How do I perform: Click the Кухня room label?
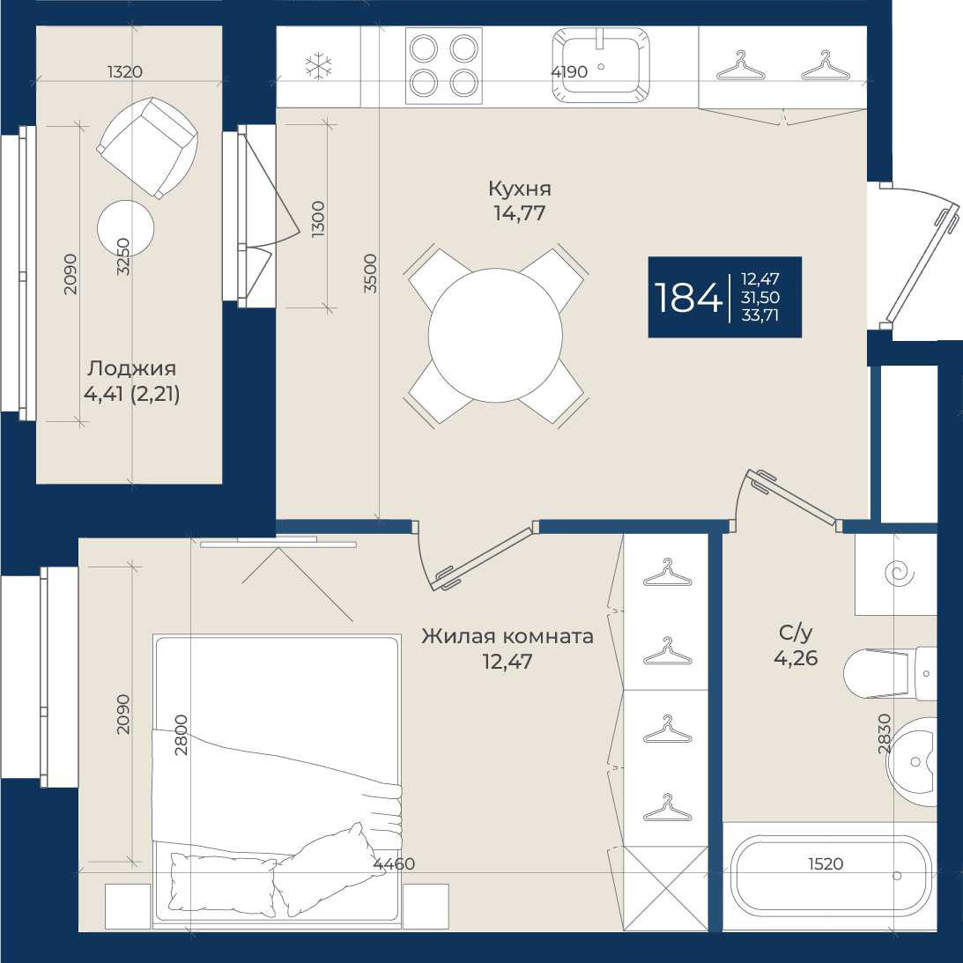click(x=520, y=189)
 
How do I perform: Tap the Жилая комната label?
click(x=507, y=636)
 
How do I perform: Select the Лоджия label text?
click(x=131, y=368)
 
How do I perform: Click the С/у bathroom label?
click(x=796, y=633)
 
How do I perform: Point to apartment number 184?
click(x=688, y=297)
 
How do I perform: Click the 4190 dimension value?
click(x=569, y=72)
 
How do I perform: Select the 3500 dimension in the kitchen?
click(x=370, y=273)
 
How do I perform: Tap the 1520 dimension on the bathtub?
click(x=826, y=864)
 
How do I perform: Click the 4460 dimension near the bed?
click(x=395, y=864)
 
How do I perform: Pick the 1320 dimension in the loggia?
click(x=125, y=72)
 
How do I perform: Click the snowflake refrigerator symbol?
click(x=318, y=66)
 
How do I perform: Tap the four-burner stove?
click(x=444, y=66)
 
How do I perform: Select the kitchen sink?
click(x=600, y=65)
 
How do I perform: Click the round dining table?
click(x=495, y=336)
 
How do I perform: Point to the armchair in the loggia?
click(x=147, y=147)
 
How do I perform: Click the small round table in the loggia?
click(x=125, y=228)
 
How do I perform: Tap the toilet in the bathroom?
click(x=890, y=673)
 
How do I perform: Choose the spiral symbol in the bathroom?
click(x=900, y=574)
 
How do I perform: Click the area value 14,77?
click(x=520, y=213)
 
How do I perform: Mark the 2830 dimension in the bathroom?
click(x=884, y=733)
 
